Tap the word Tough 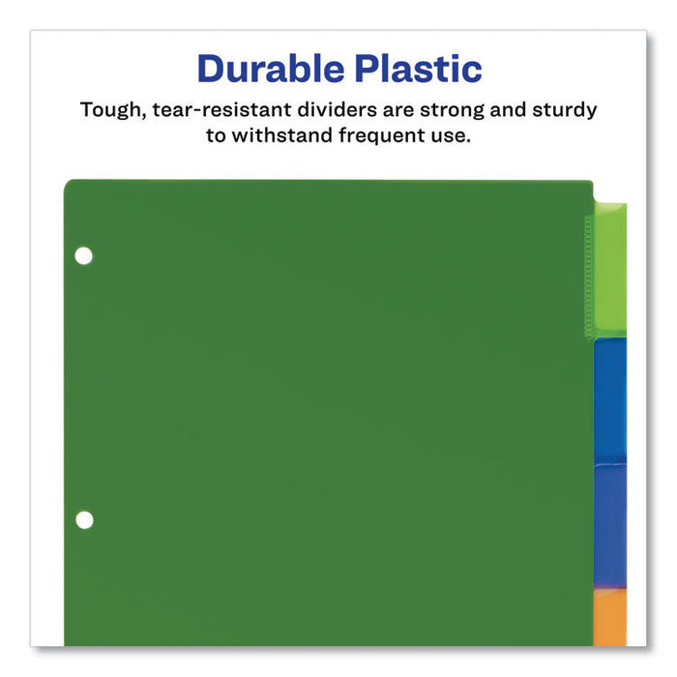point(111,109)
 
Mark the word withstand point(281,135)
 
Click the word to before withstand point(218,135)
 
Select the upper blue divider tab point(610,398)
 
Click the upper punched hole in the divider point(84,256)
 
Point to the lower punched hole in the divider point(84,519)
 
